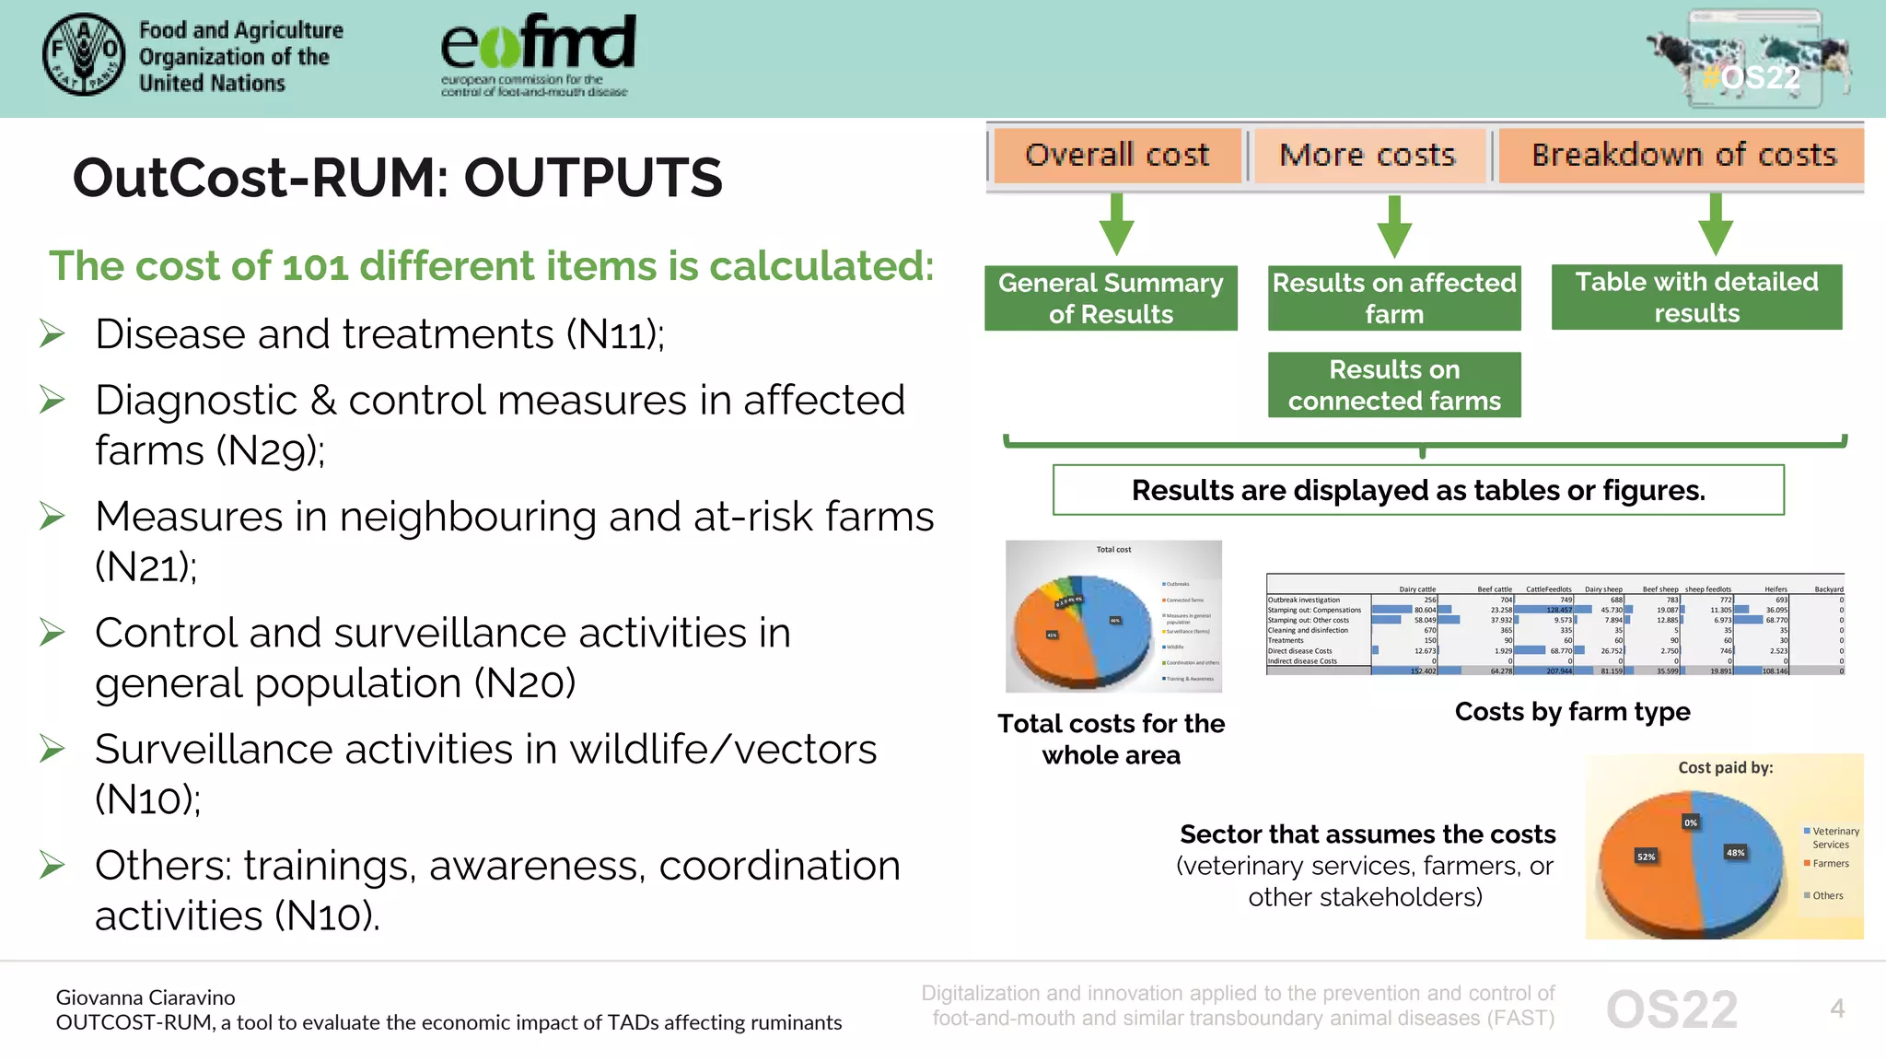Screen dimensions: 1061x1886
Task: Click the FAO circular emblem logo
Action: [84, 55]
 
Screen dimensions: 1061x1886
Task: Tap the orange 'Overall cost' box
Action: [1116, 155]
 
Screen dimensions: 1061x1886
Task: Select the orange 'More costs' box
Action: [1368, 155]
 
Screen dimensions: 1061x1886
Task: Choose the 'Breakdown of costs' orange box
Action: [1682, 155]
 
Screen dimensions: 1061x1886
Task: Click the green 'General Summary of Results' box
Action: [1111, 297]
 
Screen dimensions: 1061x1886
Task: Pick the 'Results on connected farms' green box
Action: [1393, 385]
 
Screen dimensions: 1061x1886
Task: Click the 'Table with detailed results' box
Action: [1696, 297]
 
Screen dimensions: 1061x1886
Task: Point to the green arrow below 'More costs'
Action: [1394, 226]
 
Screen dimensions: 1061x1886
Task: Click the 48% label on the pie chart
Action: [1735, 853]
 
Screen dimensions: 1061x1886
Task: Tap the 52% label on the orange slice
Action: [1646, 857]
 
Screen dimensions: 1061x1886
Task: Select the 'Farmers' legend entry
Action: [1830, 864]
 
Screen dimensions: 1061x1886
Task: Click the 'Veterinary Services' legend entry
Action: [1834, 837]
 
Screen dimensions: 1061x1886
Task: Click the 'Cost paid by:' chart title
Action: [1725, 767]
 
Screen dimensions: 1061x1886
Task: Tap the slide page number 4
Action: [1836, 1009]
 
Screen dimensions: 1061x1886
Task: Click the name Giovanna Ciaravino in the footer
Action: [146, 997]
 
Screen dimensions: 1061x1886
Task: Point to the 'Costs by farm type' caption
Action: [1572, 711]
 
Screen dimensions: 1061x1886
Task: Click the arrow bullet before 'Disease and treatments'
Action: [52, 333]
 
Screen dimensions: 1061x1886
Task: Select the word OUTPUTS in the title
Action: [593, 178]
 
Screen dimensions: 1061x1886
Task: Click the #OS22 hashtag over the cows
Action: [1750, 77]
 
